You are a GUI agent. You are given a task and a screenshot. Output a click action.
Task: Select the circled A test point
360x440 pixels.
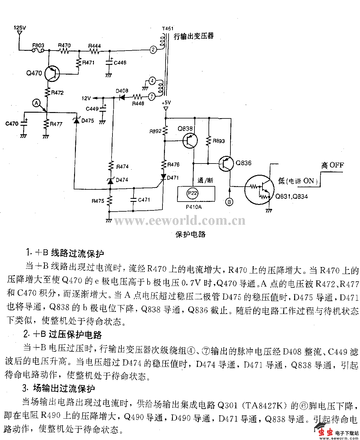coord(37,103)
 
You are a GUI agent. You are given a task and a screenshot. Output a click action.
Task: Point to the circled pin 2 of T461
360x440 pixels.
coord(153,50)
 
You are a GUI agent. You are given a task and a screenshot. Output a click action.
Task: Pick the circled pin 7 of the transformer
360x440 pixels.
coord(151,97)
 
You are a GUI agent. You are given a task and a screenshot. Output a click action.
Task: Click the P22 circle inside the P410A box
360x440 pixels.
coord(193,193)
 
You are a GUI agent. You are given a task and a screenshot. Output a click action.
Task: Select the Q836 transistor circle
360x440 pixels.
coord(226,164)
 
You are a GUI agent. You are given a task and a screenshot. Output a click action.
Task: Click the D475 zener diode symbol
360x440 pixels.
coord(76,120)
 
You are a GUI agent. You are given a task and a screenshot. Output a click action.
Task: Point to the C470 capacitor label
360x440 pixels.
coord(12,124)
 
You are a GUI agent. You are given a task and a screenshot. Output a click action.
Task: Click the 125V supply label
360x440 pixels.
coord(20,28)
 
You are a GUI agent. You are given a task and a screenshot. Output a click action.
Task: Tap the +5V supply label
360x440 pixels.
coord(166,103)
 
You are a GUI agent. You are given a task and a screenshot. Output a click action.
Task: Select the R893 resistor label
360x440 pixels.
coord(219,141)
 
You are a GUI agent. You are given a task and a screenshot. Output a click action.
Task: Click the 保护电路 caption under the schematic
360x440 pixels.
coord(191,234)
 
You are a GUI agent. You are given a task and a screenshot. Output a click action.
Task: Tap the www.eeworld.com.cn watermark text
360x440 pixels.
coord(180,220)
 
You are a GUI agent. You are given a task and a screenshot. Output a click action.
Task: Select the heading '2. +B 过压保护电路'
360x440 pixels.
coord(62,335)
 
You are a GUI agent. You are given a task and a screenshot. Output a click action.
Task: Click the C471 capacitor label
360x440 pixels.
coord(144,200)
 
